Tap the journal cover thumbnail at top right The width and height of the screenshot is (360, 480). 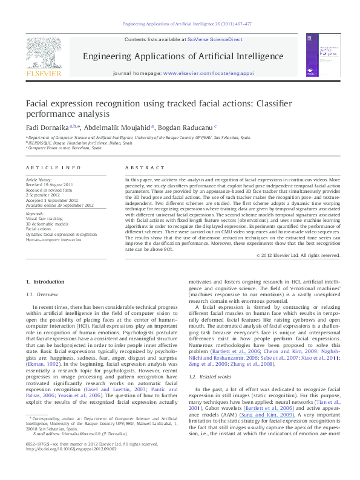pyautogui.click(x=321, y=57)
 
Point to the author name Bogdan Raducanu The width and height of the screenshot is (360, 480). pyautogui.click(x=182, y=128)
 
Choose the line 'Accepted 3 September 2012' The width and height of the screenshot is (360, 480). pyautogui.click(x=51, y=200)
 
